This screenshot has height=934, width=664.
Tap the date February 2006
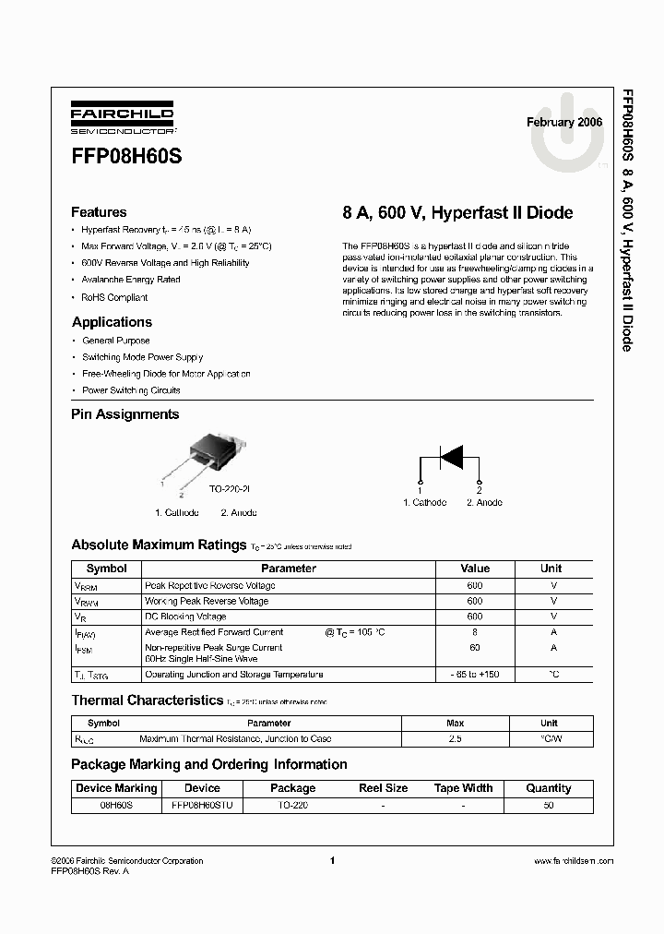coord(564,122)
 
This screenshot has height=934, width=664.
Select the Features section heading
coord(99,212)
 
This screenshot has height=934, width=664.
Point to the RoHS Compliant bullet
coord(114,297)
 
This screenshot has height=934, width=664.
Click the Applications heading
coord(112,322)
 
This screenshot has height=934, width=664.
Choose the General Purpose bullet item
coord(116,341)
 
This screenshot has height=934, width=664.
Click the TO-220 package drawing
coord(210,449)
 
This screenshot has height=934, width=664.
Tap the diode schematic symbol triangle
coord(450,456)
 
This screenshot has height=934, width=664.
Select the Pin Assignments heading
coord(125,414)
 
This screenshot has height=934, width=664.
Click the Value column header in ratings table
coord(475,569)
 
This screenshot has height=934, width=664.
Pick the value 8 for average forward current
coord(475,632)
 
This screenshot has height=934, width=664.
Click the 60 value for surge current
coord(475,648)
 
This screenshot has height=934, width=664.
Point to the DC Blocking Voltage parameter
coord(185,617)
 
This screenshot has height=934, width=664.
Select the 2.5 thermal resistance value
coord(455,739)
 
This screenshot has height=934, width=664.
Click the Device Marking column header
coord(116,788)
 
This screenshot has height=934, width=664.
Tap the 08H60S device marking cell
coord(116,805)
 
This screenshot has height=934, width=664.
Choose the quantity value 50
coord(549,805)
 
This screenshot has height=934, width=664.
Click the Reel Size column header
coord(383,788)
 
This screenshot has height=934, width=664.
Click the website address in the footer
coord(574,861)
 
